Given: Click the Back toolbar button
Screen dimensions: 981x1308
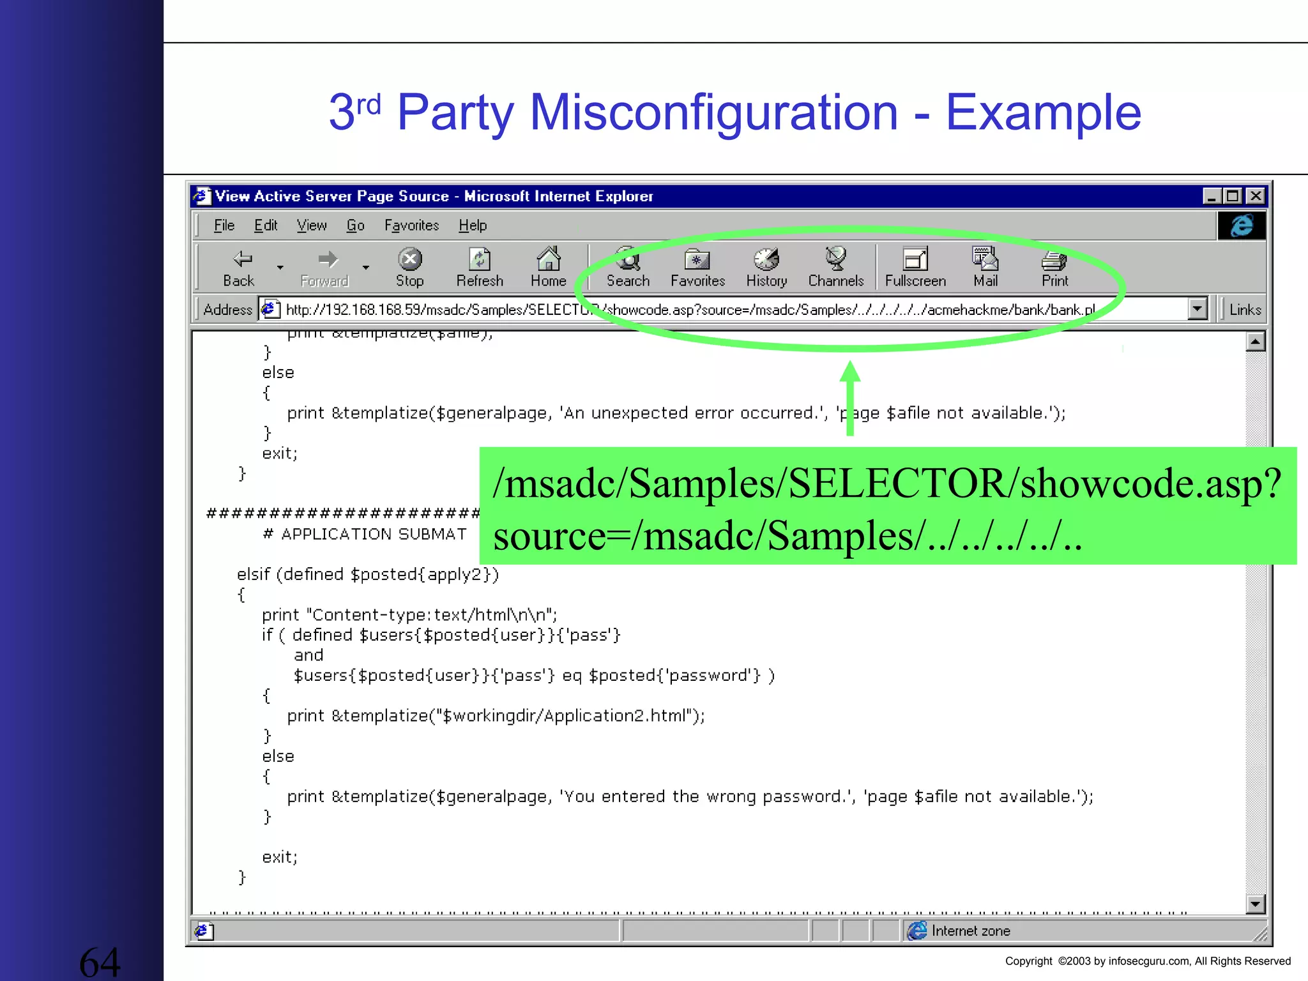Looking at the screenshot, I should click(240, 267).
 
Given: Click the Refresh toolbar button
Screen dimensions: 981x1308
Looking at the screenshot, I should click(480, 267).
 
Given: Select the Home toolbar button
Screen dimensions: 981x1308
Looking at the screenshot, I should click(549, 267).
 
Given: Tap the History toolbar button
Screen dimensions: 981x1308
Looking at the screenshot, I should click(766, 267).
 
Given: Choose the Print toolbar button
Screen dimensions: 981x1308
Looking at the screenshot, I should click(1054, 267).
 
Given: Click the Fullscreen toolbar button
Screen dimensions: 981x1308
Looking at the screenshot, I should click(915, 267).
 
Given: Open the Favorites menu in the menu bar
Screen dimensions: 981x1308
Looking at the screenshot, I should click(411, 225).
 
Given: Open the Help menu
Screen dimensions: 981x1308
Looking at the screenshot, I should click(473, 225).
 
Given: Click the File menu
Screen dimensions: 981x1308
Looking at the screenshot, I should click(224, 225).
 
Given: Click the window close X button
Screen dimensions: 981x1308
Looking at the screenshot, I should click(1256, 196).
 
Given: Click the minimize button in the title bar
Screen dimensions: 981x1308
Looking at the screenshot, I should click(1212, 196).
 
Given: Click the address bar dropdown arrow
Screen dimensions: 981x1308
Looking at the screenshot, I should click(1198, 309).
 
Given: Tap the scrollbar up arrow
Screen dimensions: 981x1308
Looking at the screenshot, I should click(1255, 342).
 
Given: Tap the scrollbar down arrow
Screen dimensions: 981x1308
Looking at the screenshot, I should click(1255, 904).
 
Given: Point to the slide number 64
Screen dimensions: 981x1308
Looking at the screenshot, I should click(100, 962).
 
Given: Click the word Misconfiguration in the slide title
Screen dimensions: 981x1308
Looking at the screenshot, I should click(713, 112).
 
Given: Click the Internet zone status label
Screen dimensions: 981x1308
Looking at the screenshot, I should click(970, 931).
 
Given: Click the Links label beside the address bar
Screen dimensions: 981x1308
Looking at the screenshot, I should click(1245, 310).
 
